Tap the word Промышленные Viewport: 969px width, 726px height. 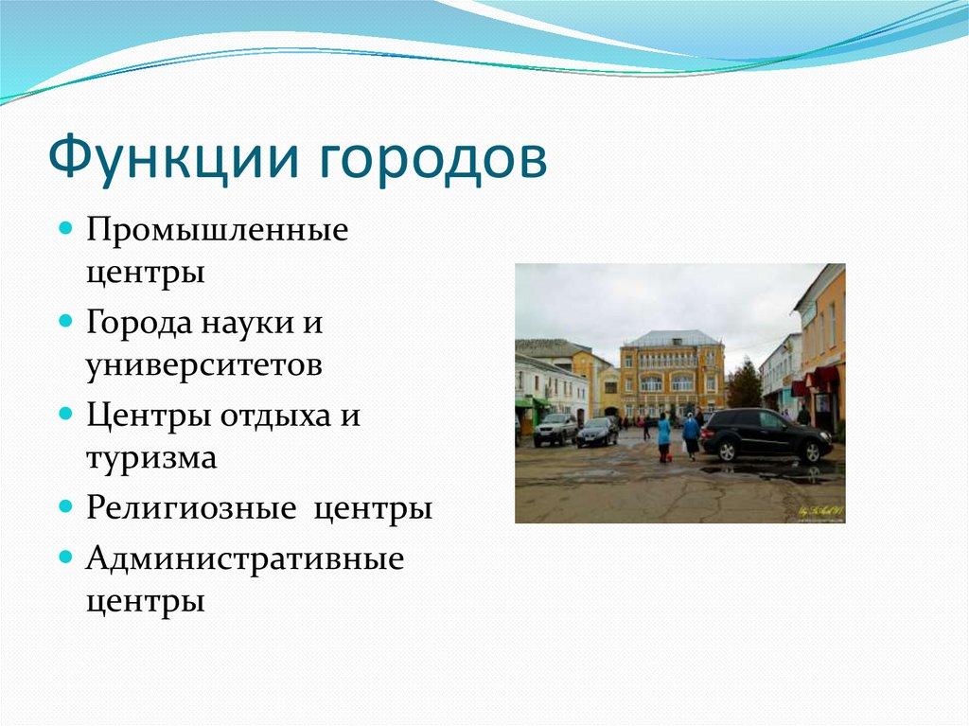217,230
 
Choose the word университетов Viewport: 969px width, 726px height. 204,365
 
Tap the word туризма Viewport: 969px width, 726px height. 151,458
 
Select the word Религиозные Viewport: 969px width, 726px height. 191,508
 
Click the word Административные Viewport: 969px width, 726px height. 245,558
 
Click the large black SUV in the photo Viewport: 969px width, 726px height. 766,434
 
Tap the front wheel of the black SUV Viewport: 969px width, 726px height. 810,452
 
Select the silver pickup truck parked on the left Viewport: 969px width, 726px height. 555,429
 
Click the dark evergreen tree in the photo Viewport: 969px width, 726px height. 744,384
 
